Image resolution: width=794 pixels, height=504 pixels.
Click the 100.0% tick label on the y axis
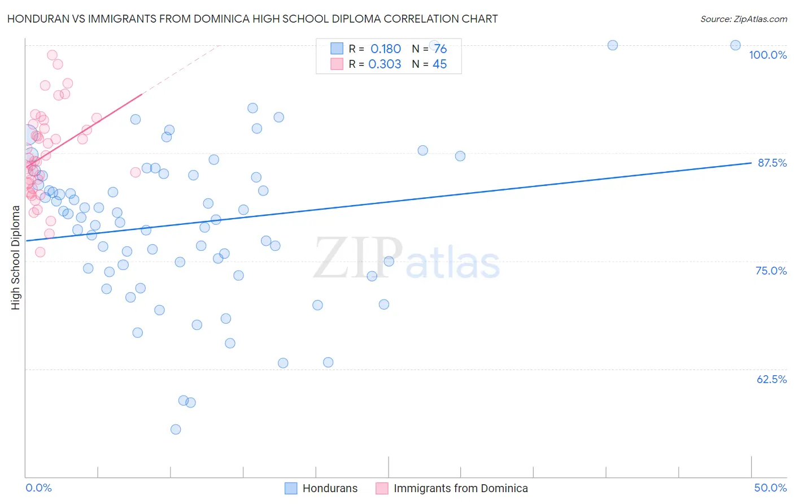coord(767,55)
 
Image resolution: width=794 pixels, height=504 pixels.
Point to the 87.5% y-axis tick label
coord(772,163)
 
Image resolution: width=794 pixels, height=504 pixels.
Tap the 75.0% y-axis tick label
coord(771,271)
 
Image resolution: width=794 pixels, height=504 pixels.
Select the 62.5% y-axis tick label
coord(771,379)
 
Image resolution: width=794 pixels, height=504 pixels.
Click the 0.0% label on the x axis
coord(38,488)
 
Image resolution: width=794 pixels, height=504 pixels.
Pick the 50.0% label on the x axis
coord(770,488)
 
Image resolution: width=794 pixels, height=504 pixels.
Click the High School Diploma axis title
coord(16,257)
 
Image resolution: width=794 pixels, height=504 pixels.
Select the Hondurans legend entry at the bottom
coord(330,488)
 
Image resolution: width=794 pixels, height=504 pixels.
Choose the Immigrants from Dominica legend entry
coord(460,488)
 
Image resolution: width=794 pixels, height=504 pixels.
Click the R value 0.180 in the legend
coord(386,49)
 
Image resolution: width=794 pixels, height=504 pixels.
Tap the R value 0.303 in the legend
coord(385,64)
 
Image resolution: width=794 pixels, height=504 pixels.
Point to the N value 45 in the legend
coord(439,64)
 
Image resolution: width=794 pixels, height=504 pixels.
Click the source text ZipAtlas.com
coord(743,19)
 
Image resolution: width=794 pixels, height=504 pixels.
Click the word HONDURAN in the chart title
coord(38,19)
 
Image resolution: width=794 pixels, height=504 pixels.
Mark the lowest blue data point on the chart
coord(176,429)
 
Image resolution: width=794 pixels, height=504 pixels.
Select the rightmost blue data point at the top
coord(735,45)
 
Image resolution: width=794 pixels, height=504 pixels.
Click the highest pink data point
coord(52,55)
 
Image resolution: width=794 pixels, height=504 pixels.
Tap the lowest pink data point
coord(40,252)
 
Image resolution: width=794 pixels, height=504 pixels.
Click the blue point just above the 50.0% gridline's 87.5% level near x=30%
coord(460,156)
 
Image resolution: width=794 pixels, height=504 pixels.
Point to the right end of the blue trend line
coord(751,163)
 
